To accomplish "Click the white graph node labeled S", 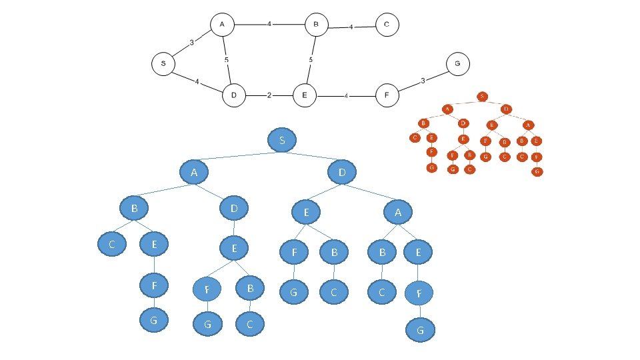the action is point(163,64).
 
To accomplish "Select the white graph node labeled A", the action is point(221,25).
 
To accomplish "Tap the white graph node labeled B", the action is point(317,25).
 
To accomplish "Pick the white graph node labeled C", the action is point(387,25).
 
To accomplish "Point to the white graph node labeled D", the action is point(234,95).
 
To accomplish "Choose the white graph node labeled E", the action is point(304,95).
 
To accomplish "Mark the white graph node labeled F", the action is point(387,95).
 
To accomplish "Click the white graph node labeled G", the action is point(457,64).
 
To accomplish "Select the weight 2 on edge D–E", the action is point(269,95).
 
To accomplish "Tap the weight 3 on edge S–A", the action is point(191,43).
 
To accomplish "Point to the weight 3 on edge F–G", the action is point(423,81).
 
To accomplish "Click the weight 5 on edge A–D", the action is point(227,60).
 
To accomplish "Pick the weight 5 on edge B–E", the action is point(311,60).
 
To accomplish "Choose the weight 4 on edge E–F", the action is point(346,96).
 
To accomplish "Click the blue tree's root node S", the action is point(283,141).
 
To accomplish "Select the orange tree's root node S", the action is point(482,96).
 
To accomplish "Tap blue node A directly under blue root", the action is point(194,173).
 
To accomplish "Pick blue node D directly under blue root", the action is point(342,173).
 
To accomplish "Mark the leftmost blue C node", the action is point(113,244).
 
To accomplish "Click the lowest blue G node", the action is point(420,329).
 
